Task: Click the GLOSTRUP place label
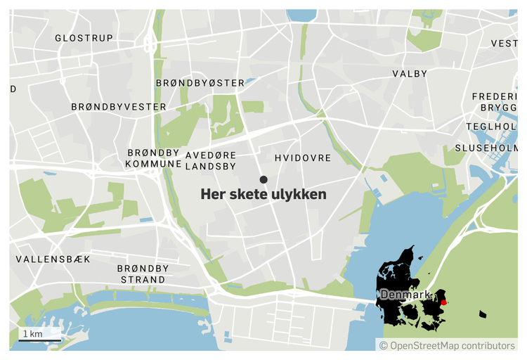(x=84, y=38)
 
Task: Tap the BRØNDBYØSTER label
(x=200, y=83)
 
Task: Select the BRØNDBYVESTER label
(x=119, y=107)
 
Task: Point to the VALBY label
(x=410, y=74)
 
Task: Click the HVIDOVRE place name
(x=303, y=158)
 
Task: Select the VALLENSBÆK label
(x=53, y=259)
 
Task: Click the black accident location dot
(x=263, y=180)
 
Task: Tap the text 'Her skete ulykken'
(x=263, y=195)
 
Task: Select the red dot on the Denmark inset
(x=443, y=302)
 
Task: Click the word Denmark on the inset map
(x=405, y=295)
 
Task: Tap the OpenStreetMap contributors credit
(x=447, y=345)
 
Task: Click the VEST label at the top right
(x=504, y=44)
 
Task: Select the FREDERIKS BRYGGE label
(x=495, y=101)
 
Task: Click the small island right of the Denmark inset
(x=482, y=314)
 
